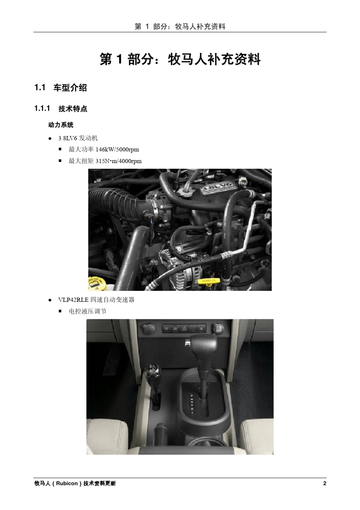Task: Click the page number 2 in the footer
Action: [x=325, y=483]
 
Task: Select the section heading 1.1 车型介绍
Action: [x=61, y=88]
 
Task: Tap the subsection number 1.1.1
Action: [x=42, y=108]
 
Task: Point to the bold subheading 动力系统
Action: [x=61, y=125]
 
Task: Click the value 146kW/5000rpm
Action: [x=117, y=149]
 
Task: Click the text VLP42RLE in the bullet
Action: [x=73, y=300]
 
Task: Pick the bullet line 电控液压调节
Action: [x=88, y=311]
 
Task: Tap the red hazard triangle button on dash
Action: [x=183, y=328]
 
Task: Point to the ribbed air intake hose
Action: [x=114, y=203]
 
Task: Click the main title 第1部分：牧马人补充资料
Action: [x=180, y=60]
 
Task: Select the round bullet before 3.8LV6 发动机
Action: [x=50, y=138]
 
